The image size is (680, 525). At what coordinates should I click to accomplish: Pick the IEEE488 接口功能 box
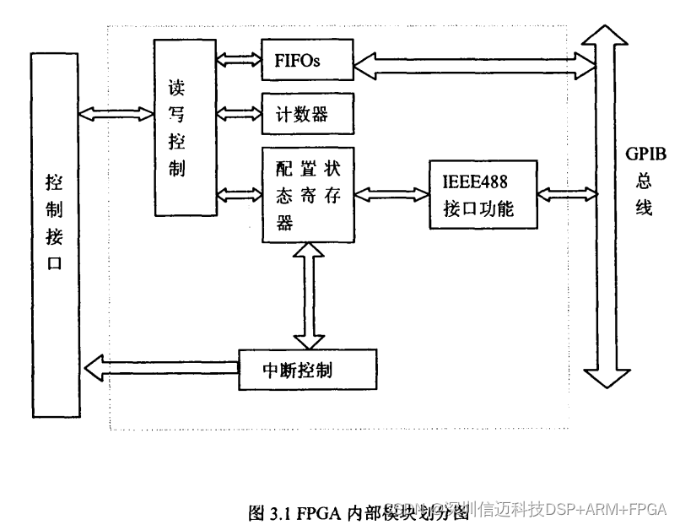coord(483,194)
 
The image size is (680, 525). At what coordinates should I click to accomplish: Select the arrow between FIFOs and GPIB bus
coord(471,62)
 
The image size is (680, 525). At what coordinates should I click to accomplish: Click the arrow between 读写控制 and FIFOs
coord(239,60)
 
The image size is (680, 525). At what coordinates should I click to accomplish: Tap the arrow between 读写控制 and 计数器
coord(239,111)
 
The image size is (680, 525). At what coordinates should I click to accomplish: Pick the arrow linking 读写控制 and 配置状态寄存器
coord(239,194)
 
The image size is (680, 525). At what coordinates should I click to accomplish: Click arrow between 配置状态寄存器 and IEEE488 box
coord(391,194)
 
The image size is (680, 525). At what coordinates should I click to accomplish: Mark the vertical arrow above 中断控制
coord(308,295)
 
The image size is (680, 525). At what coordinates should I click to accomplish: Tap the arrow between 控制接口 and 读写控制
coord(117,111)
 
